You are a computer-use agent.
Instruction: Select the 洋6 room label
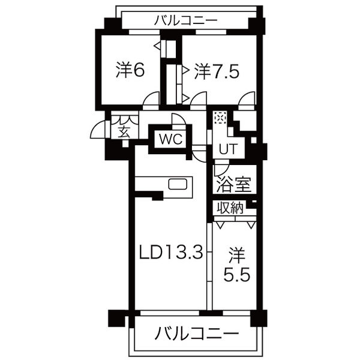(130, 70)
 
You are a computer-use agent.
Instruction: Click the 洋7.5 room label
(217, 71)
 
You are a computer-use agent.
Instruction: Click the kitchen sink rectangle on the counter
(178, 184)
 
